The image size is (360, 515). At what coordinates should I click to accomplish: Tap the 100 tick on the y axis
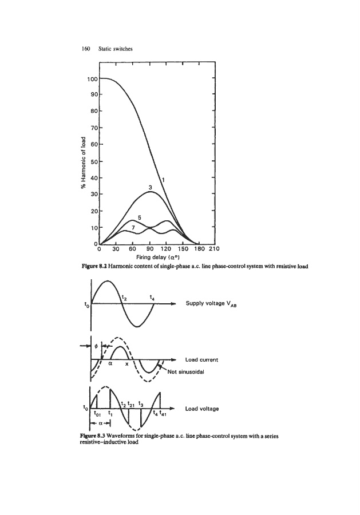point(92,78)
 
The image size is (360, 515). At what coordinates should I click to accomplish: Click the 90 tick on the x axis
point(151,249)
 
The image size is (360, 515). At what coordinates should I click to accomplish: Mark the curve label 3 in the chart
point(150,187)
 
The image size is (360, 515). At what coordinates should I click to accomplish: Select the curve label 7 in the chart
point(133,227)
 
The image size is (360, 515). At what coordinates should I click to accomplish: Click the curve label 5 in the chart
point(140,217)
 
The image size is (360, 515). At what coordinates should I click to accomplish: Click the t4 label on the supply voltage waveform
point(151,297)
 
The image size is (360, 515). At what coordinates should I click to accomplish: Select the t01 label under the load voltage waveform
point(98,417)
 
